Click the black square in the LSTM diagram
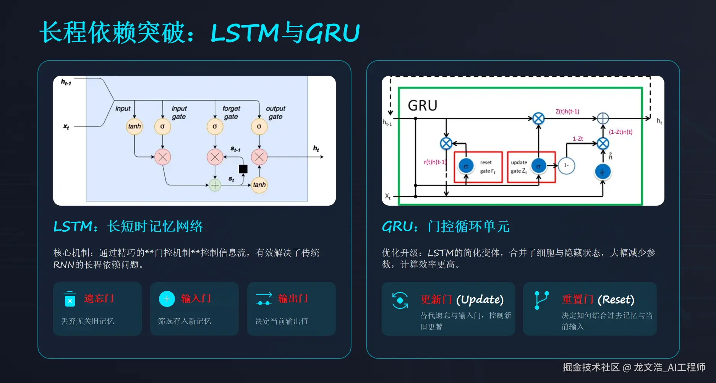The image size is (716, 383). pyautogui.click(x=243, y=169)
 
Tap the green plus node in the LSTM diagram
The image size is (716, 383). pyautogui.click(x=215, y=185)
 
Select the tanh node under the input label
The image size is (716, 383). pyautogui.click(x=134, y=127)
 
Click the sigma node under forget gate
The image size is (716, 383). pyautogui.click(x=215, y=127)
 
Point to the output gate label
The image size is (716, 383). pyautogui.click(x=276, y=112)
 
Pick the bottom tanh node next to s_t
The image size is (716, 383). pyautogui.click(x=259, y=185)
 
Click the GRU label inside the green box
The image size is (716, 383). pyautogui.click(x=423, y=105)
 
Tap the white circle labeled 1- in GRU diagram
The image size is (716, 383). pyautogui.click(x=566, y=166)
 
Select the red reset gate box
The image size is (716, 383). pyautogui.click(x=478, y=167)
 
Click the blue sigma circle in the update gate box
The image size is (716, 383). pyautogui.click(x=538, y=166)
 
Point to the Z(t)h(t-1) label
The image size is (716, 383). pyautogui.click(x=567, y=112)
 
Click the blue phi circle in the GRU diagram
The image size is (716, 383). pyautogui.click(x=602, y=172)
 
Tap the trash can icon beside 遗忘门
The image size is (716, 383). pyautogui.click(x=70, y=299)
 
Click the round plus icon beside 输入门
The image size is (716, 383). pyautogui.click(x=167, y=299)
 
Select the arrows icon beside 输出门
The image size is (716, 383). pyautogui.click(x=264, y=299)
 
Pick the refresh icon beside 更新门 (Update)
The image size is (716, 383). pyautogui.click(x=400, y=300)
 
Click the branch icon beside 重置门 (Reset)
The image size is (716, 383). pyautogui.click(x=542, y=300)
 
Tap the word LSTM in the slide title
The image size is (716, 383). pyautogui.click(x=245, y=33)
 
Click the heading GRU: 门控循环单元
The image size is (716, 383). pyautogui.click(x=445, y=227)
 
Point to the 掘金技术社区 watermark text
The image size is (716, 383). pyautogui.click(x=591, y=367)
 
